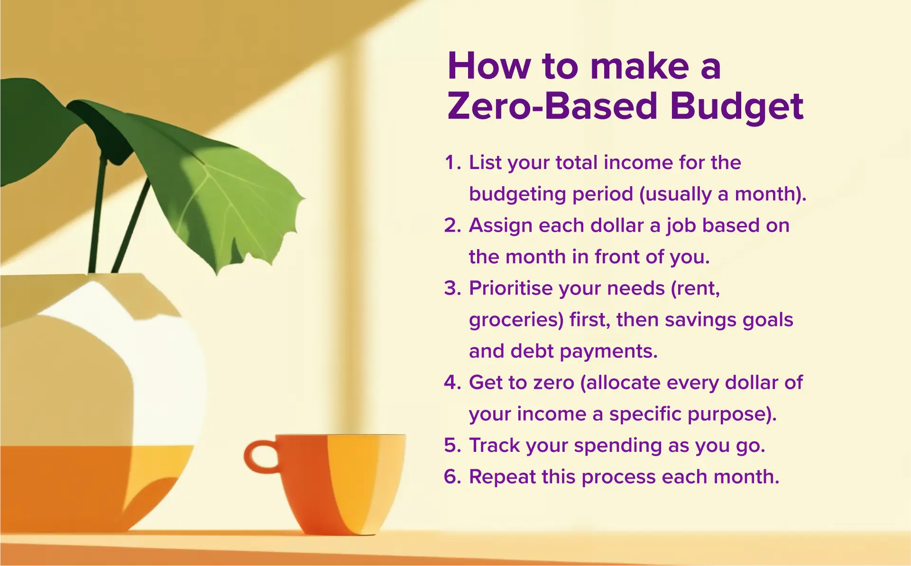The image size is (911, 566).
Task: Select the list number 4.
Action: [452, 383]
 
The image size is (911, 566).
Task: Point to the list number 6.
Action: [452, 477]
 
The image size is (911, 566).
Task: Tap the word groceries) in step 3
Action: [516, 320]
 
